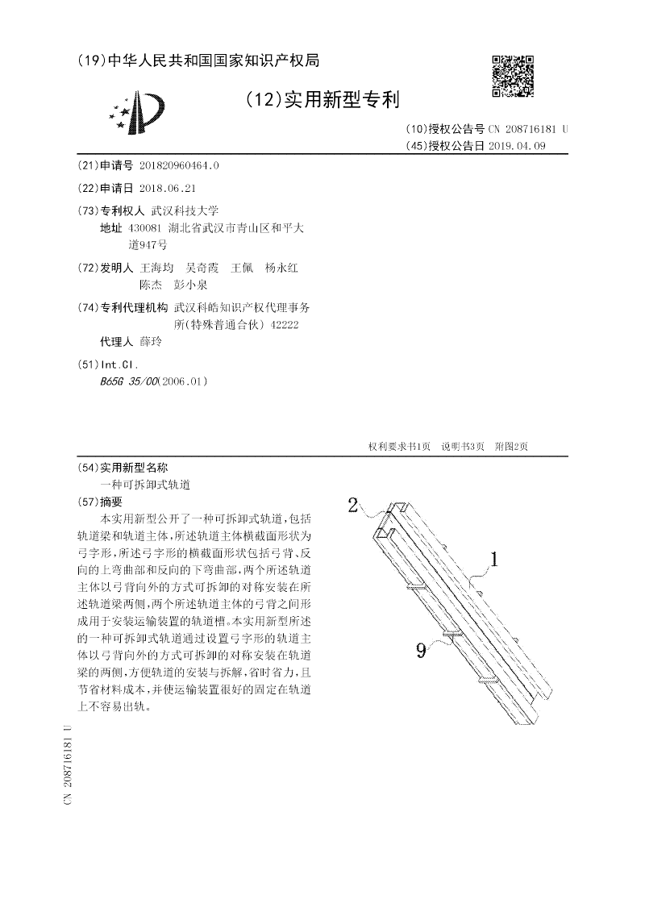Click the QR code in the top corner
coord(513,77)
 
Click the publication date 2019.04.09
coord(517,146)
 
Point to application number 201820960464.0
coord(179,166)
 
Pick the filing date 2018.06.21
coord(168,188)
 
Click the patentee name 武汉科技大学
coord(185,210)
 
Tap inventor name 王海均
coord(156,267)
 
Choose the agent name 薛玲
coord(151,342)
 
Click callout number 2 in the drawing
coord(352,506)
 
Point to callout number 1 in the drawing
coord(496,559)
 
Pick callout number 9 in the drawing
coord(421,649)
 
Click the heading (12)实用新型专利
coord(322,100)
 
